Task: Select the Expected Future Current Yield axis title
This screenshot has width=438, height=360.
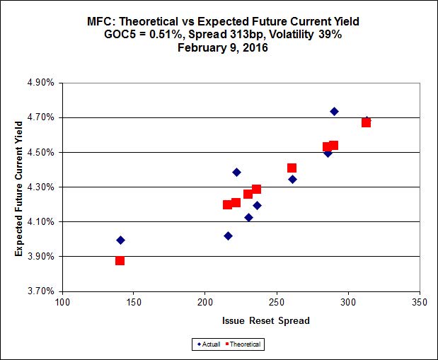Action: coord(19,187)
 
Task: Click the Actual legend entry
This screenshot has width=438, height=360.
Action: coord(209,344)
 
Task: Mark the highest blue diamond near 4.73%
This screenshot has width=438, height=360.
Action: coord(334,112)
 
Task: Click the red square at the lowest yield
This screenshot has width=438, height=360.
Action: coord(120,261)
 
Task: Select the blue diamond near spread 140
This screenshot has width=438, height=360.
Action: coord(120,240)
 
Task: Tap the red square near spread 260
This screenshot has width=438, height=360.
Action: coord(292,168)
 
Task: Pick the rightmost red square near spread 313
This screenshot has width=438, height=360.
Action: coord(366,123)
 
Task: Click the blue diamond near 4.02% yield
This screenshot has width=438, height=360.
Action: coord(228,236)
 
